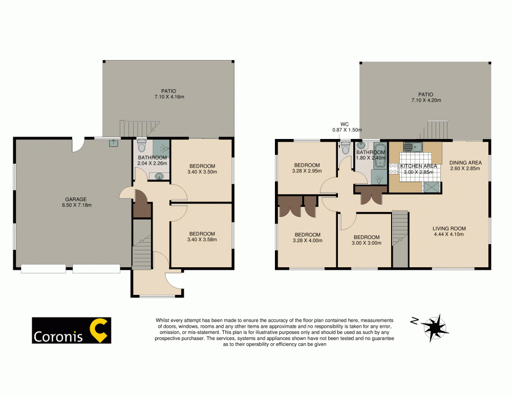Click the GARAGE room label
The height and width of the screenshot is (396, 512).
click(x=75, y=199)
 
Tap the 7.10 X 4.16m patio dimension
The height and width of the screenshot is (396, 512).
click(x=168, y=96)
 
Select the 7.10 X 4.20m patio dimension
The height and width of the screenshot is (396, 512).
click(x=425, y=101)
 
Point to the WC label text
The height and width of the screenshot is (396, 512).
click(x=345, y=124)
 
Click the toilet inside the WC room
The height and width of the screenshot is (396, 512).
click(x=346, y=149)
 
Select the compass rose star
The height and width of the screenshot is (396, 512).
click(x=436, y=327)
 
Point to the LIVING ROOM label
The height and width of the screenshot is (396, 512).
click(x=449, y=229)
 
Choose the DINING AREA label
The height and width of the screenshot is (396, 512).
click(x=465, y=163)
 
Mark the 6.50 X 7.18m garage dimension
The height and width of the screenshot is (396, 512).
click(x=75, y=205)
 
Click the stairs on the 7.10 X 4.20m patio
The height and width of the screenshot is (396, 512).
click(x=438, y=129)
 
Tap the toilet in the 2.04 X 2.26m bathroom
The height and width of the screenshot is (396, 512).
click(x=142, y=146)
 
